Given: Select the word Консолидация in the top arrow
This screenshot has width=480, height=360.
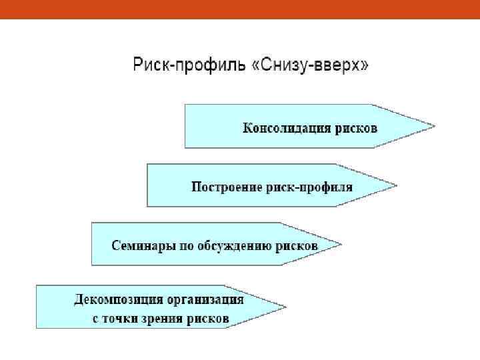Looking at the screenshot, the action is click(286, 127).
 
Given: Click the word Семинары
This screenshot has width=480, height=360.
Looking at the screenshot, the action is click(142, 245).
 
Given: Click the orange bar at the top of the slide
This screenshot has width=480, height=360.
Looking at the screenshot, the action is click(240, 9).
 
